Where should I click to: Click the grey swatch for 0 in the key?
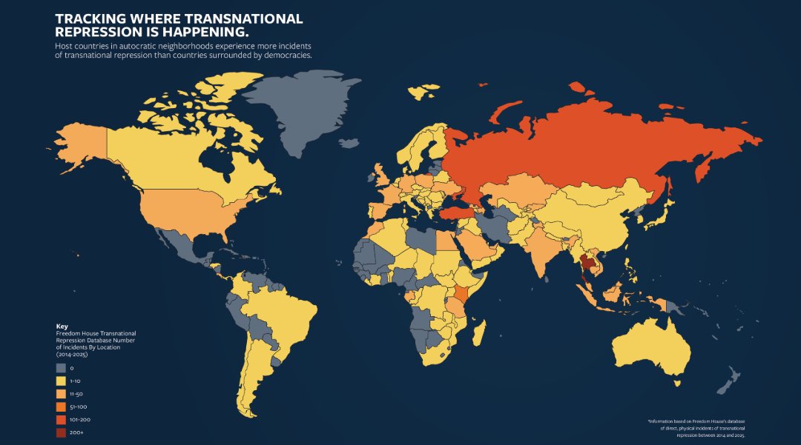pyautogui.click(x=60, y=368)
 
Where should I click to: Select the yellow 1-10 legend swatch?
pyautogui.click(x=60, y=381)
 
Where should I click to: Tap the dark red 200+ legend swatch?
pyautogui.click(x=60, y=432)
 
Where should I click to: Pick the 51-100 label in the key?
pyautogui.click(x=78, y=406)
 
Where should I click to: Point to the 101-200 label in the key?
pyautogui.click(x=80, y=420)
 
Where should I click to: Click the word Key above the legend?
pyautogui.click(x=62, y=327)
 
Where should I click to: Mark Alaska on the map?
pyautogui.click(x=82, y=144)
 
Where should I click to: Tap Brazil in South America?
pyautogui.click(x=289, y=315)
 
